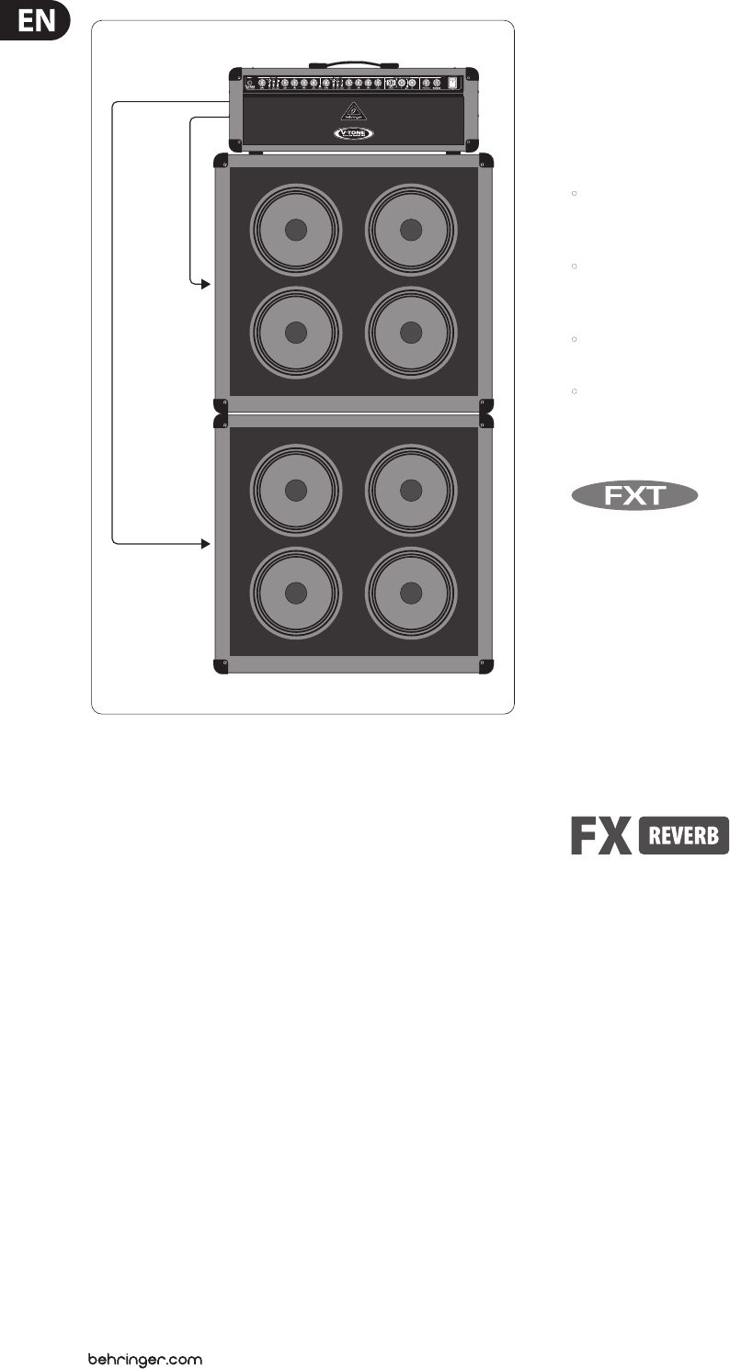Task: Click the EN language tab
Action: [34, 21]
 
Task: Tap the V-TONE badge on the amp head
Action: [353, 133]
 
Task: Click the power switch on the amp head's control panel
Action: [451, 85]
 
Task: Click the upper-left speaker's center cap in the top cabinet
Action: [295, 230]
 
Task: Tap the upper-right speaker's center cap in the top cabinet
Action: [411, 230]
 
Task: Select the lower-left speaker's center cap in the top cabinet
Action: [295, 332]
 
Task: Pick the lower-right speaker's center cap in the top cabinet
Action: [411, 332]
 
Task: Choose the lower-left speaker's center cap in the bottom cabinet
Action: [295, 594]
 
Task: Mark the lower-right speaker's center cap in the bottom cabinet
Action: [411, 594]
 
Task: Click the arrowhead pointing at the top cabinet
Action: [205, 285]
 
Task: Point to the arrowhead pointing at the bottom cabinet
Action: [205, 544]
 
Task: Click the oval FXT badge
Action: [633, 497]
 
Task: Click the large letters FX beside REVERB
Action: [599, 836]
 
